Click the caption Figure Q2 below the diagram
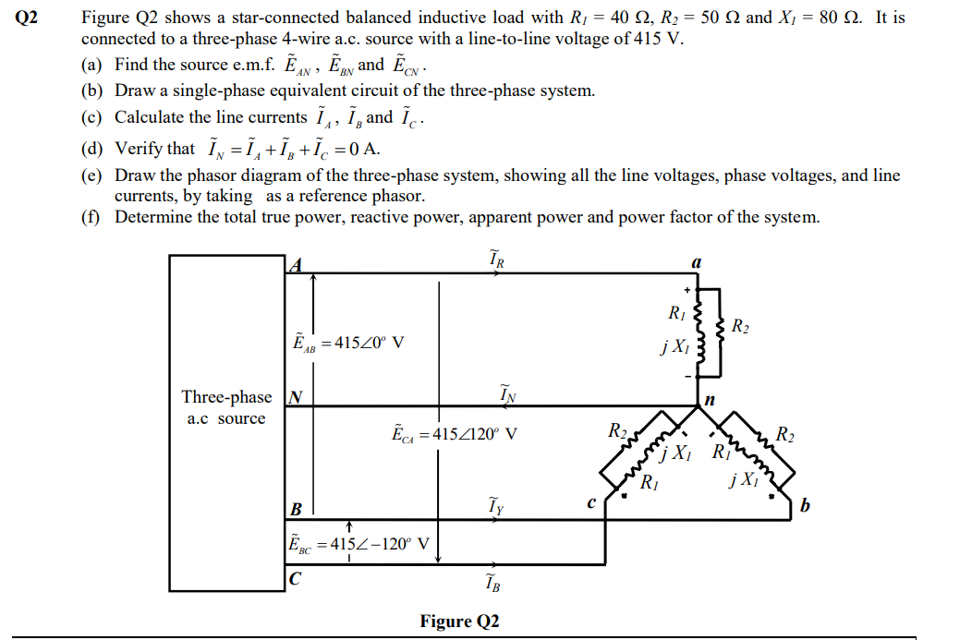click(459, 621)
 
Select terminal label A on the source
click(295, 265)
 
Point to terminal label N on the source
click(295, 398)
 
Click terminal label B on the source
click(296, 509)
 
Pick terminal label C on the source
click(295, 580)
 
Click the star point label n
click(709, 400)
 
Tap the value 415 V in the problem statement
click(662, 39)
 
